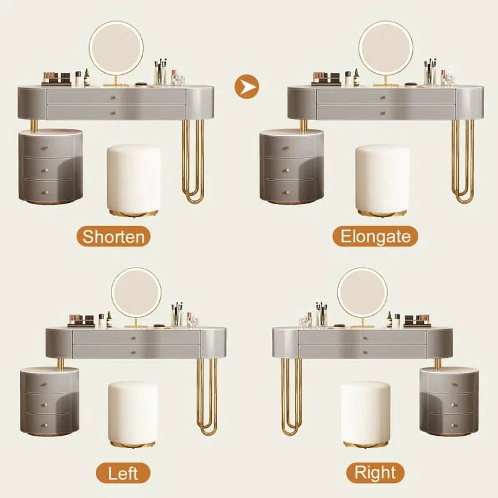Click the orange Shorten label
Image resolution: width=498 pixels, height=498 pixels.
[113, 237]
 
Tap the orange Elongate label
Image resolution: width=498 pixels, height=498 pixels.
[375, 237]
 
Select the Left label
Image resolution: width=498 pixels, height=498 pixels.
[123, 473]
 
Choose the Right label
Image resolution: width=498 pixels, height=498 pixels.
[375, 472]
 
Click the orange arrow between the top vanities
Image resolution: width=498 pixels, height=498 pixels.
[247, 87]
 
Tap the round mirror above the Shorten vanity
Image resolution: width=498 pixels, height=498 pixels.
[116, 49]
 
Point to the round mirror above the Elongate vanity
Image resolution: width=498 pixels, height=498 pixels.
[386, 49]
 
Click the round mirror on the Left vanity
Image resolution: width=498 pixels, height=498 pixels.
[136, 293]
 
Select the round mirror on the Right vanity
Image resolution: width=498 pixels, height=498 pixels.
[362, 293]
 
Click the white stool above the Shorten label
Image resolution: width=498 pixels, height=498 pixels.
[133, 181]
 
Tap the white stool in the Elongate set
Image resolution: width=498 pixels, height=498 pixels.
[382, 181]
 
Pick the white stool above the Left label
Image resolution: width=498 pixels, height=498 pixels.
[133, 414]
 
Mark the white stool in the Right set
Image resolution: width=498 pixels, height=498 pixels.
[365, 414]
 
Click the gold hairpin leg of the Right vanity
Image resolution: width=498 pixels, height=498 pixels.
[291, 397]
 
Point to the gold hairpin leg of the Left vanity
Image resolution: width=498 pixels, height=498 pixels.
[207, 397]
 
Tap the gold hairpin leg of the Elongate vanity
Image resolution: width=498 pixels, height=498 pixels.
[463, 161]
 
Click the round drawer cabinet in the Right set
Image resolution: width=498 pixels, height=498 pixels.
[449, 402]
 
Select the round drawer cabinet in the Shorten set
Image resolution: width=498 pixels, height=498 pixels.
[51, 166]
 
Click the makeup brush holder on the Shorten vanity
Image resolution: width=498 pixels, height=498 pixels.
[161, 72]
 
